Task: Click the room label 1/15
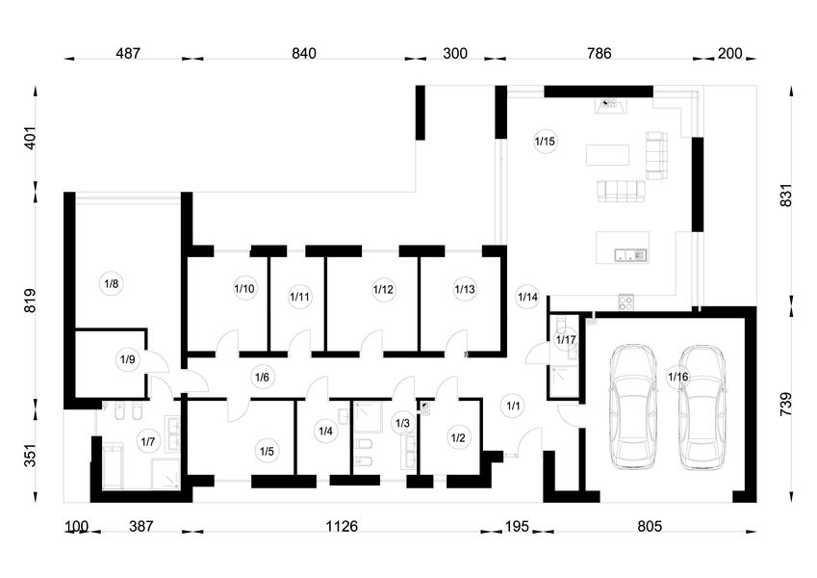click(545, 141)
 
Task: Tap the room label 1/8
click(112, 284)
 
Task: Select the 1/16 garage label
click(677, 376)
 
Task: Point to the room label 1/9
click(128, 359)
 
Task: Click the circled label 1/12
click(384, 289)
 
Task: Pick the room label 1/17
click(566, 340)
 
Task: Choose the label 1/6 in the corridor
click(262, 377)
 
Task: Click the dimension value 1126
click(342, 526)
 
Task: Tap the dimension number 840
click(304, 53)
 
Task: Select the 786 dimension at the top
click(599, 53)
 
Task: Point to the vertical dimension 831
click(786, 196)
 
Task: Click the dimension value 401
click(31, 138)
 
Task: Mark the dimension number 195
click(517, 526)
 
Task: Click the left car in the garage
click(633, 407)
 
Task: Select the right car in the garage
click(702, 407)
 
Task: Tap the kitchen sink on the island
click(630, 254)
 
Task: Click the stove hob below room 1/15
click(626, 302)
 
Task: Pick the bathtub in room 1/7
click(113, 466)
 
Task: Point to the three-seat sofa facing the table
click(621, 191)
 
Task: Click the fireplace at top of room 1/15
click(610, 106)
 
